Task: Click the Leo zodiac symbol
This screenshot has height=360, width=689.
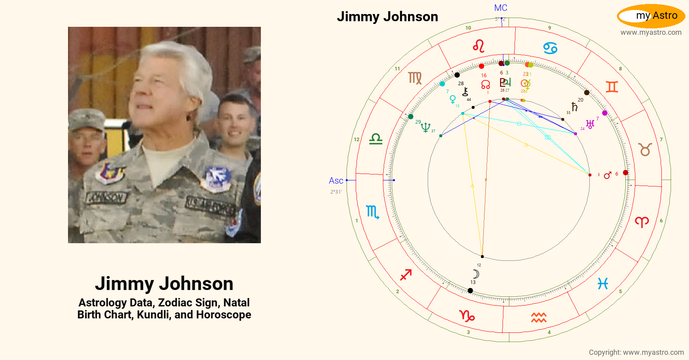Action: (479, 46)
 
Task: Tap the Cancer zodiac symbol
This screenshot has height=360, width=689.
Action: (551, 48)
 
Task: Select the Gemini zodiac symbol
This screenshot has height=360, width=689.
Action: (612, 87)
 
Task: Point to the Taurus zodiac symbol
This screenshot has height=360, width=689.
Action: (645, 150)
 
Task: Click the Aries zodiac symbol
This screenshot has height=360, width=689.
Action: (642, 222)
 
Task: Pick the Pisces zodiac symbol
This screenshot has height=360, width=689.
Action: (603, 284)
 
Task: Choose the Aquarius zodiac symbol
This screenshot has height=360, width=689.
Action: (539, 318)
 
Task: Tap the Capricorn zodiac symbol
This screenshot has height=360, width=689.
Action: (467, 316)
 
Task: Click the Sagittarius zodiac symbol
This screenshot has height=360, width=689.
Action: (406, 275)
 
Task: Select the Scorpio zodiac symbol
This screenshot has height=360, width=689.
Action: (372, 212)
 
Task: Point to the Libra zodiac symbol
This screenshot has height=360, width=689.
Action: (376, 139)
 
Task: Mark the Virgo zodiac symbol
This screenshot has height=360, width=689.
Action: (415, 78)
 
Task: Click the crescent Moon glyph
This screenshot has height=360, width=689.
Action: (476, 274)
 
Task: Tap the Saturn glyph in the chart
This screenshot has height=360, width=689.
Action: (575, 107)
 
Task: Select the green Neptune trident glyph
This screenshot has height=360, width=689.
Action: (425, 127)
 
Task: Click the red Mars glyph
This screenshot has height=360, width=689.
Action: (607, 175)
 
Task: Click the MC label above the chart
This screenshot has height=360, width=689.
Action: (501, 8)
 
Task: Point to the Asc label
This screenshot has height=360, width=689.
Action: (336, 181)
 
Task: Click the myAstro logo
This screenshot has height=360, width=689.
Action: (651, 16)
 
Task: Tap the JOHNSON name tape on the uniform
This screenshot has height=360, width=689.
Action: (106, 197)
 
